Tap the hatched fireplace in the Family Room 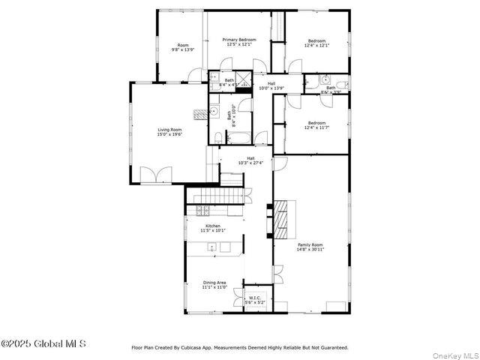coord(282,217)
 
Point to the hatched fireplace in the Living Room coord(199,113)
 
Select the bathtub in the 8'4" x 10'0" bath coord(239,138)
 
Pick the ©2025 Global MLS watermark coord(43,343)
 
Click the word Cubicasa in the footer coord(229,347)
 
